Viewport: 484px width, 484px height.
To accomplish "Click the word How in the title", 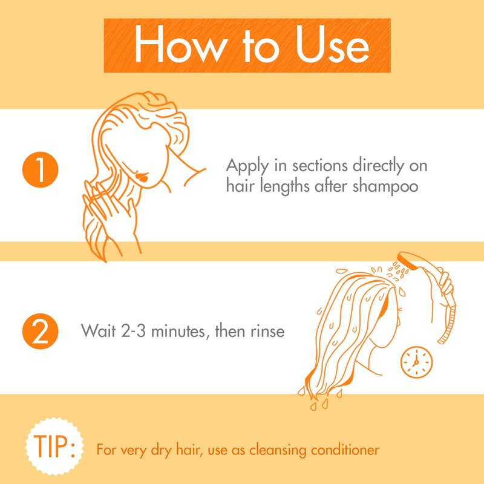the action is tap(181, 44).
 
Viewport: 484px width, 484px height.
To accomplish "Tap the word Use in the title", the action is tap(332, 44).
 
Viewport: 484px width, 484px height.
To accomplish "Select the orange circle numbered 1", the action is tap(40, 169).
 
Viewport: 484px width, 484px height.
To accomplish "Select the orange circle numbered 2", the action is tap(40, 331).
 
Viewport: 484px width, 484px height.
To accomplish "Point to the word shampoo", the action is tap(385, 187).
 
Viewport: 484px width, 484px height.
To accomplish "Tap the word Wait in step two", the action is tap(98, 330).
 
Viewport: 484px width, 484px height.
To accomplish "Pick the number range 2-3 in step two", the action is tap(133, 331).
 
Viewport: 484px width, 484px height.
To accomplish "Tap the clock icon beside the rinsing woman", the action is tap(416, 362).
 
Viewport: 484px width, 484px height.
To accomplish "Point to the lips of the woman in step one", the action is tap(142, 177).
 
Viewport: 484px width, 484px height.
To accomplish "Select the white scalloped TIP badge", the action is tap(54, 446).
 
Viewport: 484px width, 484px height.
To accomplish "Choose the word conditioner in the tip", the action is tap(345, 450).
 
